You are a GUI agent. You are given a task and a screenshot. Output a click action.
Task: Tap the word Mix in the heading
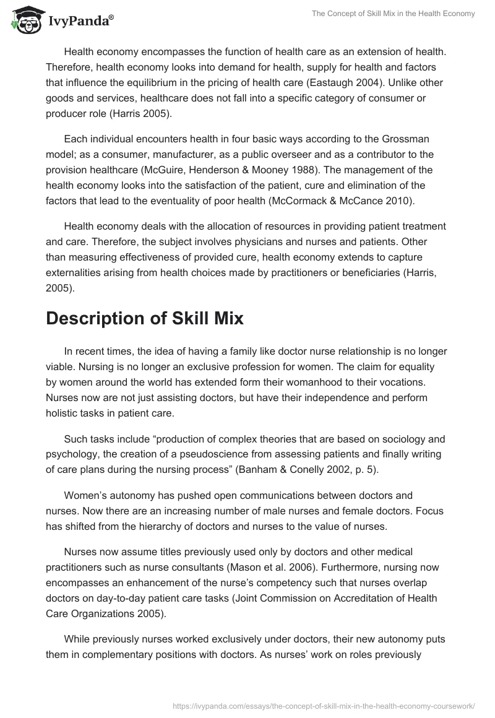click(x=222, y=318)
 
